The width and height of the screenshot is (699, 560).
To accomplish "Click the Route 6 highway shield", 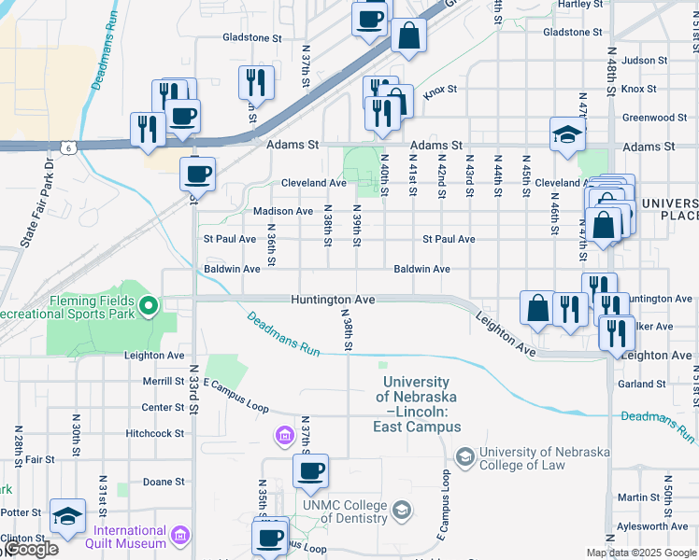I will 68,147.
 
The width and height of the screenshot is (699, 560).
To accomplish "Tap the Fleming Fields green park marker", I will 148,304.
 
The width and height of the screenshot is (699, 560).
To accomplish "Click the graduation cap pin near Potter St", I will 68,517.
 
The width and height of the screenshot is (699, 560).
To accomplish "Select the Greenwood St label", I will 654,118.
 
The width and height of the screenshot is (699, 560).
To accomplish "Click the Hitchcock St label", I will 155,433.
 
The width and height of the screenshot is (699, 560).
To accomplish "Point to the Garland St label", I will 641,384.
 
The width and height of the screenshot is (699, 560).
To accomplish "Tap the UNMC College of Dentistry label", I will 344,512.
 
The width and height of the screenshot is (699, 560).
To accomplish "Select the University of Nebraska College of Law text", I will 544,458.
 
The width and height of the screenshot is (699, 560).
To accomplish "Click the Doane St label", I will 164,482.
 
